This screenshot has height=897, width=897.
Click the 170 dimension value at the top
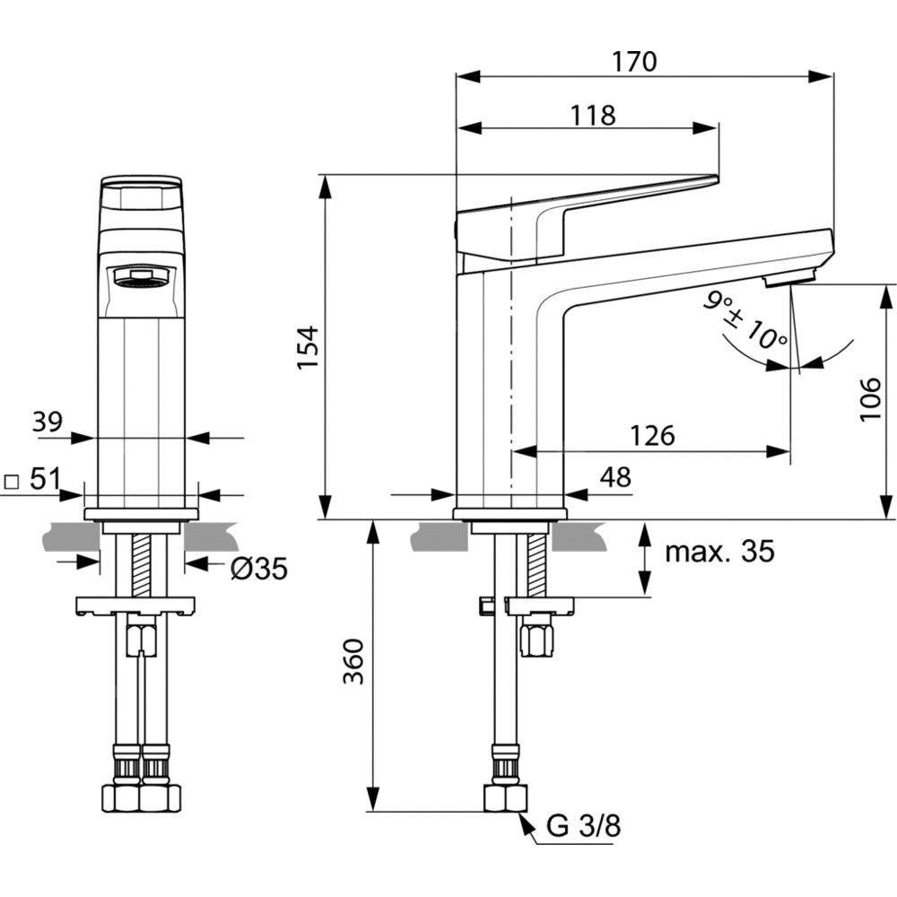tap(634, 61)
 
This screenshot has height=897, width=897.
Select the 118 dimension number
tap(593, 115)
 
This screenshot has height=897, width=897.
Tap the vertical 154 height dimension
tap(308, 347)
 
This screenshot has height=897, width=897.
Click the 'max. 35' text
tap(718, 551)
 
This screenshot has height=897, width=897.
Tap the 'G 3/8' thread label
tap(584, 826)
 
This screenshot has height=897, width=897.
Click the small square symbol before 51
tap(12, 480)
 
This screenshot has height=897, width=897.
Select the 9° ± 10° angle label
tap(745, 321)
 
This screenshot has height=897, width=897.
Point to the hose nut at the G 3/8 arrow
tap(506, 797)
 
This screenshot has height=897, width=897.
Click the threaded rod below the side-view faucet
tap(536, 563)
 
